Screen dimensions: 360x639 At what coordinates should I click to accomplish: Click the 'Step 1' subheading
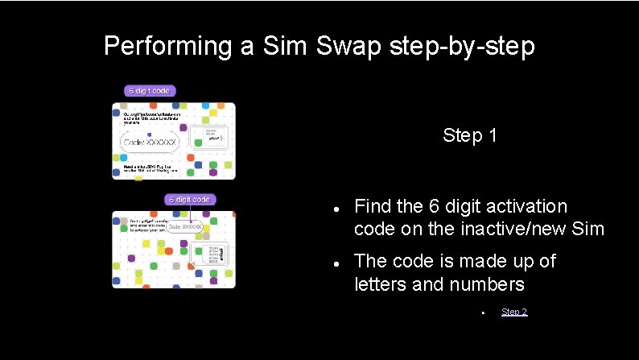469,135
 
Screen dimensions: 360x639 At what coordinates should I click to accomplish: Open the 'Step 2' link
514,312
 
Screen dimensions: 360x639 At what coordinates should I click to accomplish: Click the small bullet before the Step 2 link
480,312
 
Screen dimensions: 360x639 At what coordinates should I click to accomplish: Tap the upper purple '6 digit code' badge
150,91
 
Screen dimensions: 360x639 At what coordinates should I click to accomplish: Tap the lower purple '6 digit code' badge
190,199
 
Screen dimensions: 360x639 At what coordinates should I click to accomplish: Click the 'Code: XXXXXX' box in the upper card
149,143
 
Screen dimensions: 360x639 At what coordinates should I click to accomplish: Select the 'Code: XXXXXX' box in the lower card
185,227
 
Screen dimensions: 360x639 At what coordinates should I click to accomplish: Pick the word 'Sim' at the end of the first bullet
587,229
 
